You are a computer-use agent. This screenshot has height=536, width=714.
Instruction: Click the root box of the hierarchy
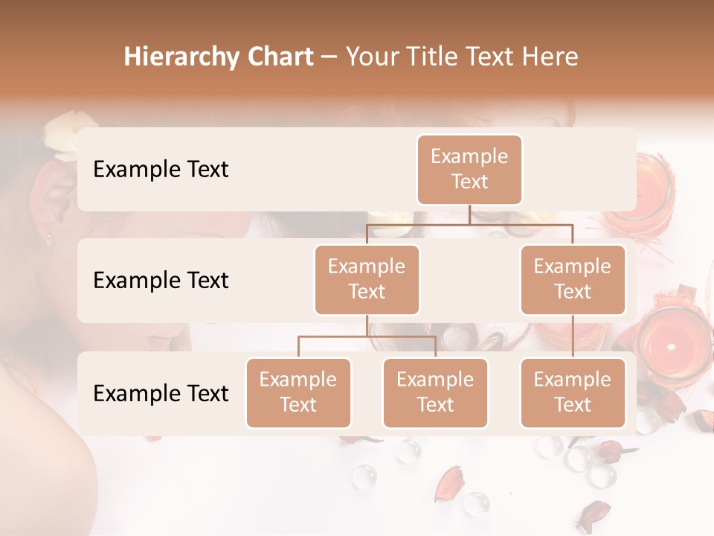[x=469, y=169]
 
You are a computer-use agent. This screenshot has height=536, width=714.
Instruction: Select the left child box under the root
[x=367, y=279]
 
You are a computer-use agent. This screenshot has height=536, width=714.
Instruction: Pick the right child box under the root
[x=573, y=279]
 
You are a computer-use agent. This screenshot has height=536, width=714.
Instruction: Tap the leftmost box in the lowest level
[x=298, y=392]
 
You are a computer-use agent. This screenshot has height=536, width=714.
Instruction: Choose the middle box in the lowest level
[x=435, y=392]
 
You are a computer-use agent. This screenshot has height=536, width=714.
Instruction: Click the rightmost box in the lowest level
[x=573, y=392]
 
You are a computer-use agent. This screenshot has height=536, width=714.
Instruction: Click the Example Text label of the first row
[x=161, y=169]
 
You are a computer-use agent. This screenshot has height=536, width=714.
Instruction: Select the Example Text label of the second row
[x=161, y=280]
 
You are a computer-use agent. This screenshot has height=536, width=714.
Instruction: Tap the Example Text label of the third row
[x=161, y=393]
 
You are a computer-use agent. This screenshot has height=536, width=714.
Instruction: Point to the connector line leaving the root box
[x=469, y=214]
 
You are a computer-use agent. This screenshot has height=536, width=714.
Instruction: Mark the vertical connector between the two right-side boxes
[x=573, y=336]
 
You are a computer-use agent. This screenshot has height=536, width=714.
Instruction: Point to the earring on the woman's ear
[x=50, y=240]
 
